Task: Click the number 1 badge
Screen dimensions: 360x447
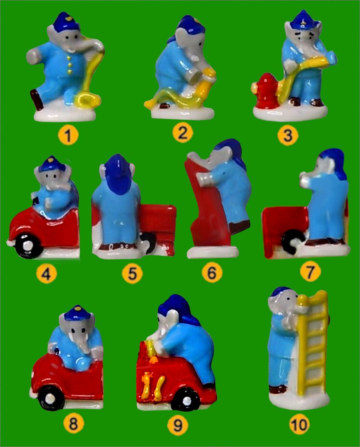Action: pos(68,135)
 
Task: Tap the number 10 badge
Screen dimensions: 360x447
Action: pos(299,424)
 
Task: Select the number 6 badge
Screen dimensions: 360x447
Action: pos(212,273)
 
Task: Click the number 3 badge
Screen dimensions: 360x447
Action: pos(288,135)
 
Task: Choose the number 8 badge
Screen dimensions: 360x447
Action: pos(73,424)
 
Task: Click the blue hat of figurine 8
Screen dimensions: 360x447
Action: pos(77,314)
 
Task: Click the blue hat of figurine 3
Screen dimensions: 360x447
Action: pos(303,21)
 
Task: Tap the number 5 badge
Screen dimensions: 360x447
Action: pos(132,273)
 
